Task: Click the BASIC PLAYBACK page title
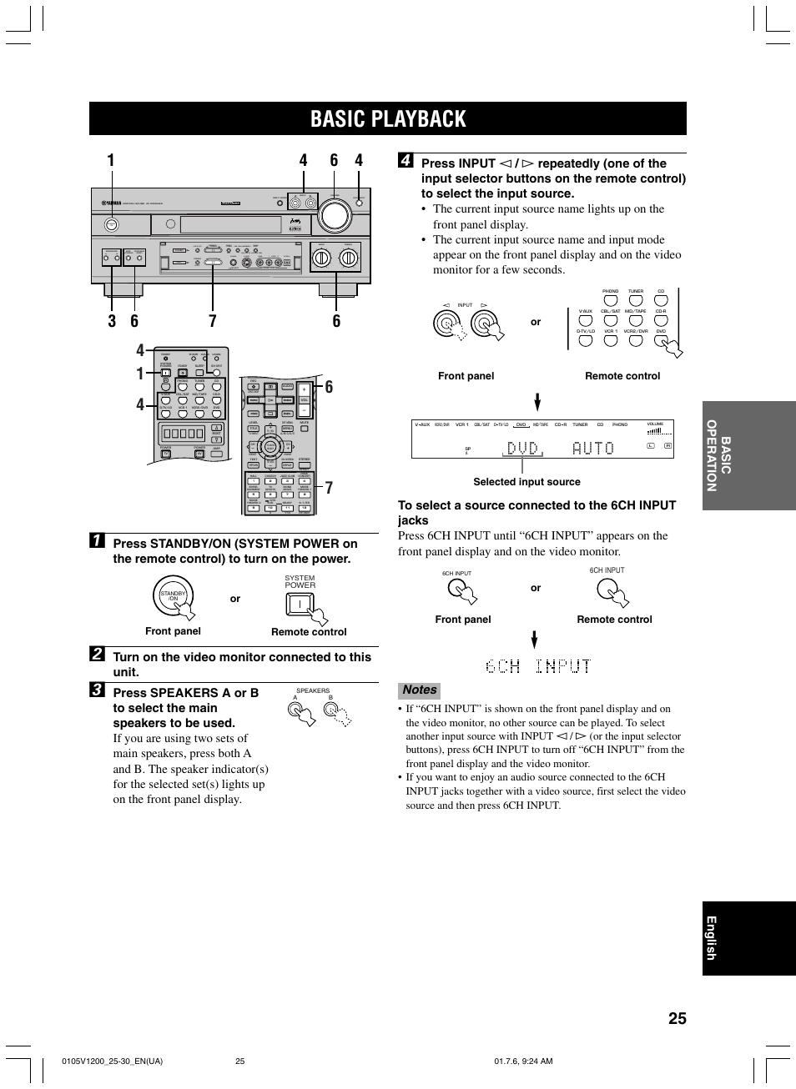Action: pos(388,119)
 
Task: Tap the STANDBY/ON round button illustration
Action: pos(174,595)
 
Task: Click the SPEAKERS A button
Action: pos(295,710)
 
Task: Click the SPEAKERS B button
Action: pos(332,710)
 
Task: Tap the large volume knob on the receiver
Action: pos(335,213)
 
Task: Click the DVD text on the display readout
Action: pos(522,449)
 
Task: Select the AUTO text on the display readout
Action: pos(593,449)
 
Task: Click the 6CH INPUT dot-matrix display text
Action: pos(538,666)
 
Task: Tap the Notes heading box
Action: pos(420,690)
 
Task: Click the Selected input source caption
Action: pos(526,482)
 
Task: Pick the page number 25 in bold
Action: pos(677,1017)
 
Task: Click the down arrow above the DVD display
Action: pos(537,403)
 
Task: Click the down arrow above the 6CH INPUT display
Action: pos(535,640)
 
